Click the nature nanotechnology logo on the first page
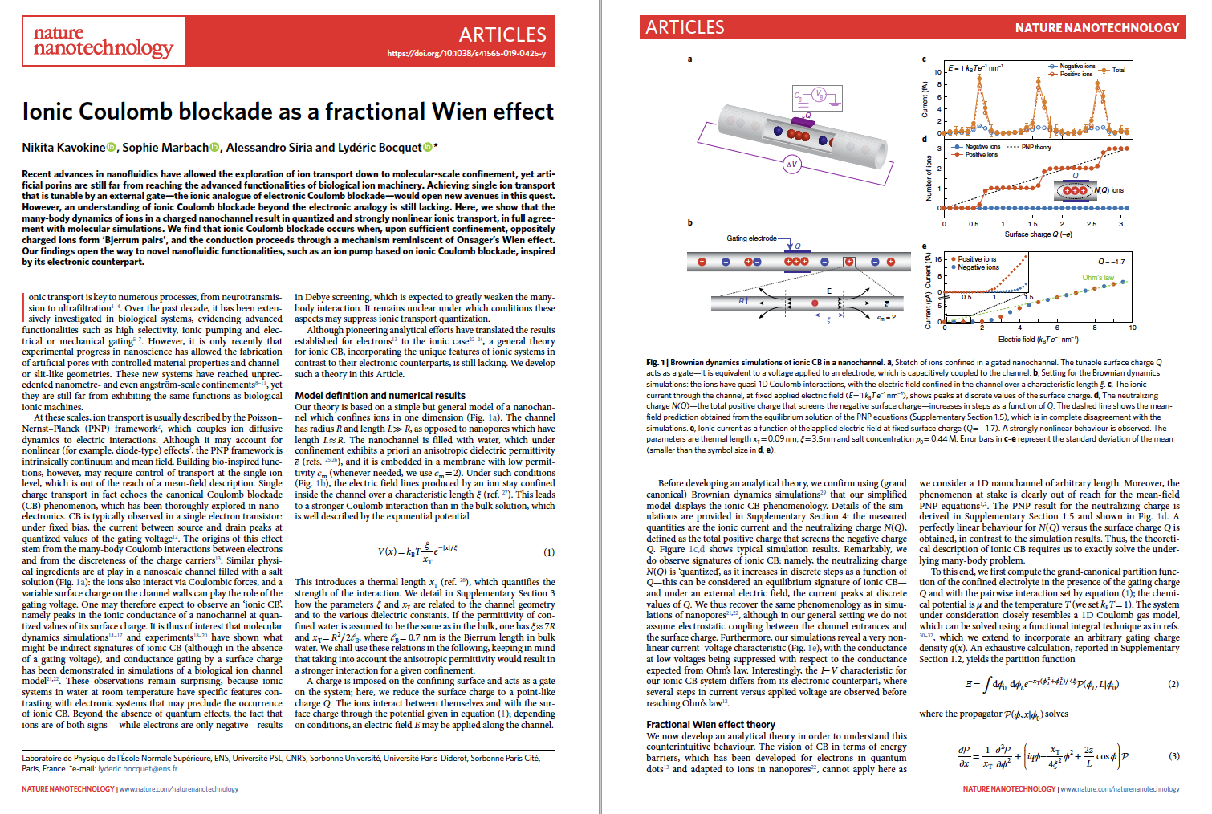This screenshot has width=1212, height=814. [103, 42]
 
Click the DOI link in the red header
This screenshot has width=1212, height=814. [466, 54]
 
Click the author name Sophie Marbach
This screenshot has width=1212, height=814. [165, 148]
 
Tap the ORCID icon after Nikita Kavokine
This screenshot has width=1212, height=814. [112, 148]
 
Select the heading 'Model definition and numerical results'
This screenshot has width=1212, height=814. [380, 395]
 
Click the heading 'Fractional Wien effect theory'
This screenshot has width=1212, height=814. [710, 724]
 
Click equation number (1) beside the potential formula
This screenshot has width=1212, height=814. [549, 552]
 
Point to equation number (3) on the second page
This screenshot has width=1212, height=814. [1173, 756]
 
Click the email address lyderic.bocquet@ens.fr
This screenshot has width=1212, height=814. [137, 768]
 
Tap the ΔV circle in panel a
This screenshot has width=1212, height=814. [791, 164]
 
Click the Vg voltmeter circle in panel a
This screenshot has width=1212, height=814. [820, 95]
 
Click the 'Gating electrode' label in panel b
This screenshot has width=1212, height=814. [751, 238]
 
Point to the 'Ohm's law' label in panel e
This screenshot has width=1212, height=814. [1098, 278]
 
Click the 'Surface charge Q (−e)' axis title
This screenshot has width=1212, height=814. [1038, 234]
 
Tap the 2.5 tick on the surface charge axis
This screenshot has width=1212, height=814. [1092, 224]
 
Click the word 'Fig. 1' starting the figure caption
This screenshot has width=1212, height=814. [653, 362]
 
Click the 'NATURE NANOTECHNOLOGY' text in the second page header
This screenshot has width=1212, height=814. [1096, 28]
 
